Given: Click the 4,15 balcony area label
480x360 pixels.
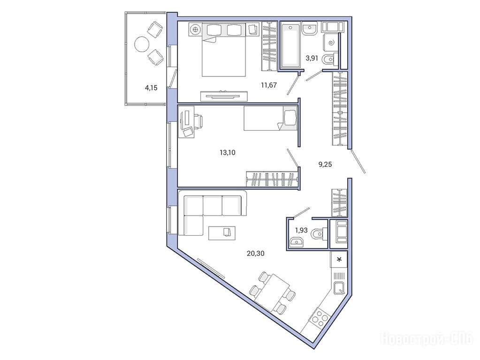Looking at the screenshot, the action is coord(151,88).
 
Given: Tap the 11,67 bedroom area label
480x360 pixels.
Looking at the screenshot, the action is coord(269,85).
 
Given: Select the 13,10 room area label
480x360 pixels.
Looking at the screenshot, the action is coord(228,152).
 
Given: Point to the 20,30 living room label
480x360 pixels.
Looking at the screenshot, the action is coord(255,253).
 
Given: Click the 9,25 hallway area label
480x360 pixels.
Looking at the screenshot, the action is coord(325,165).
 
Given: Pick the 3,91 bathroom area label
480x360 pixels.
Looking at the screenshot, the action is coord(312,58).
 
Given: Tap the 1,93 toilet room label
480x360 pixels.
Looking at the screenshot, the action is coord(301,230).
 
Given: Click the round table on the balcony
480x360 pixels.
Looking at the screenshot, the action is coord(142,45).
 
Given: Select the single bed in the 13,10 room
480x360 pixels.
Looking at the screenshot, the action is coord(271,119).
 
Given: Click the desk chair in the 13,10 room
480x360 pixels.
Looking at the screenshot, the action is coord(198,120).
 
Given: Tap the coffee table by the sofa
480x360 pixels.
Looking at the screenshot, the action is coord(222,233).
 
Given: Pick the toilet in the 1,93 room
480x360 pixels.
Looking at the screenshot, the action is coord(318,234).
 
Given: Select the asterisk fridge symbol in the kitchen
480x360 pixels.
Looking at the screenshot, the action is coord(339,260).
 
